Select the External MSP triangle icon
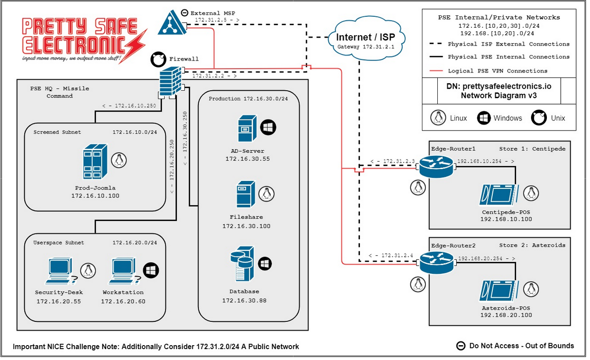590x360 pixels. (172, 23)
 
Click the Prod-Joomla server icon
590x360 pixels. (94, 161)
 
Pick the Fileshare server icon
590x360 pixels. (245, 194)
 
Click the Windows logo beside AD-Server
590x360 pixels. (268, 127)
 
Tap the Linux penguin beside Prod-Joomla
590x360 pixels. (118, 160)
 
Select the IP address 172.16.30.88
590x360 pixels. (244, 300)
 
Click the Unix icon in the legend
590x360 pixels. (539, 118)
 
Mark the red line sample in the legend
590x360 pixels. (435, 71)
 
